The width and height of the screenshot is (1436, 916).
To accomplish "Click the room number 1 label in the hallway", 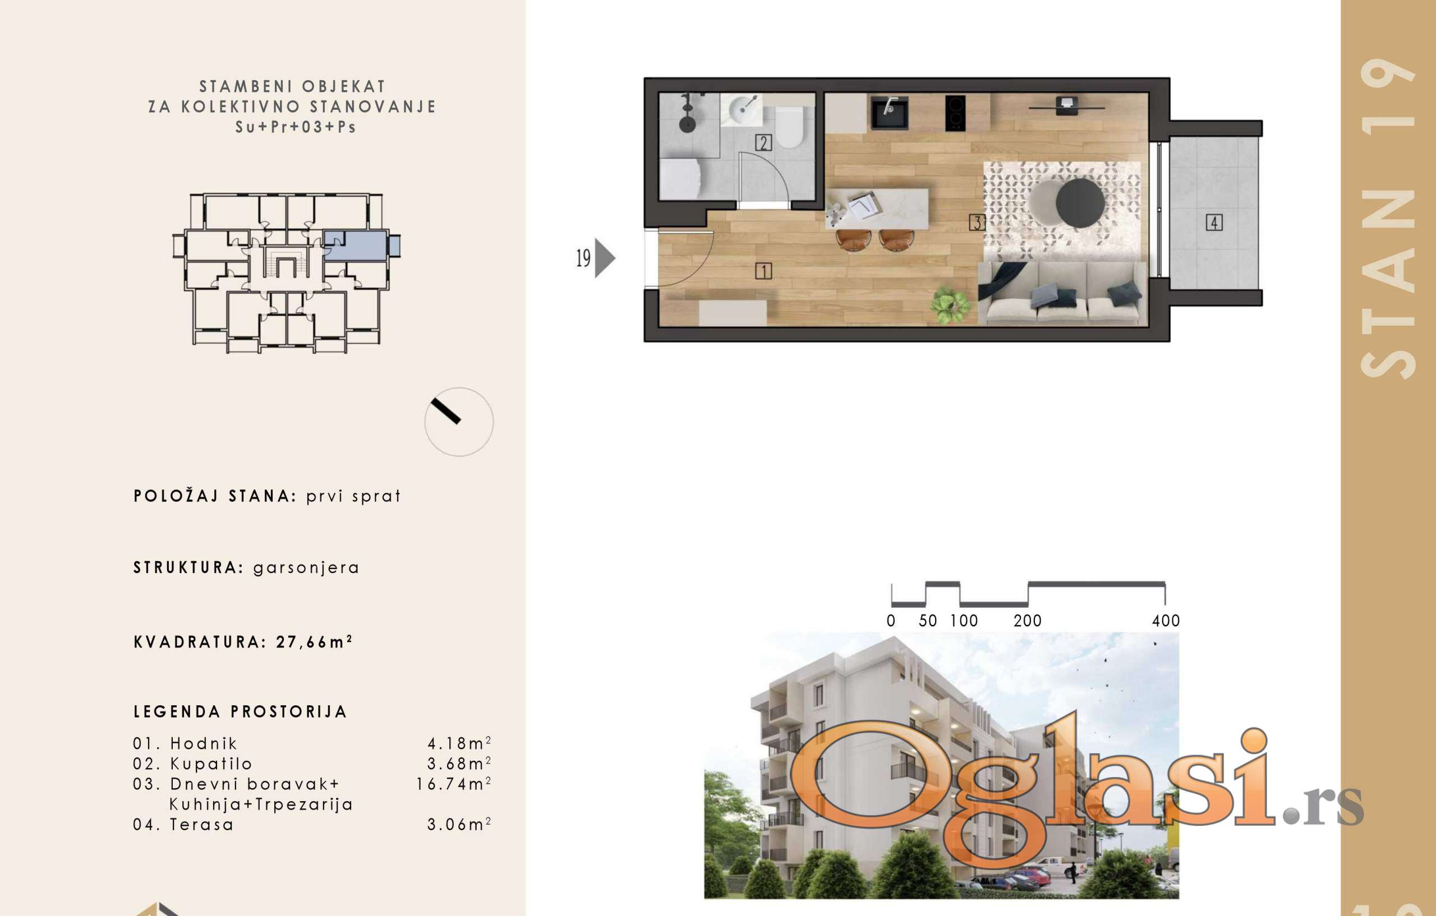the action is (x=763, y=271).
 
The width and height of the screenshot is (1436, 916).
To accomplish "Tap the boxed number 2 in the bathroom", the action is (x=763, y=142).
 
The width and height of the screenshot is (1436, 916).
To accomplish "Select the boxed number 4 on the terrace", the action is (x=1214, y=223).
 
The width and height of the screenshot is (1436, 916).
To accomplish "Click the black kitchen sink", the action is (x=890, y=113).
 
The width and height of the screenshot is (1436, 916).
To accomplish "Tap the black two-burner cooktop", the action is (x=955, y=113).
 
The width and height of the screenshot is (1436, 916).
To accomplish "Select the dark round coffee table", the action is (x=1080, y=204).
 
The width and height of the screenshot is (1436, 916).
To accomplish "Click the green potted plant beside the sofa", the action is (x=951, y=305).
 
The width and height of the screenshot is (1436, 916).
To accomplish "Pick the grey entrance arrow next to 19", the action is (x=604, y=258).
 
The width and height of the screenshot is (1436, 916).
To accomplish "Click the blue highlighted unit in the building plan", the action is (x=356, y=246).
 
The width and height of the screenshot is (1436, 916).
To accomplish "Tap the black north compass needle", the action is (x=445, y=411).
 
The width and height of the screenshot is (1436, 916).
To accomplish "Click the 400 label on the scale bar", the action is (x=1166, y=621).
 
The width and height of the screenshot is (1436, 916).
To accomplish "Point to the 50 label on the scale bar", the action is (x=928, y=621).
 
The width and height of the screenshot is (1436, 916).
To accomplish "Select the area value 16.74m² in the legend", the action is (x=453, y=784).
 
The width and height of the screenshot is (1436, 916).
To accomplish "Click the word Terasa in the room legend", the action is (x=201, y=824).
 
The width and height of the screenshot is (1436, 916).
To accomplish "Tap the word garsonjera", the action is (x=306, y=568).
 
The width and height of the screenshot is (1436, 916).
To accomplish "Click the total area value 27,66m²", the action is (x=314, y=642).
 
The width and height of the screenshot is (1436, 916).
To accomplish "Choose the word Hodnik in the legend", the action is (x=204, y=743).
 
